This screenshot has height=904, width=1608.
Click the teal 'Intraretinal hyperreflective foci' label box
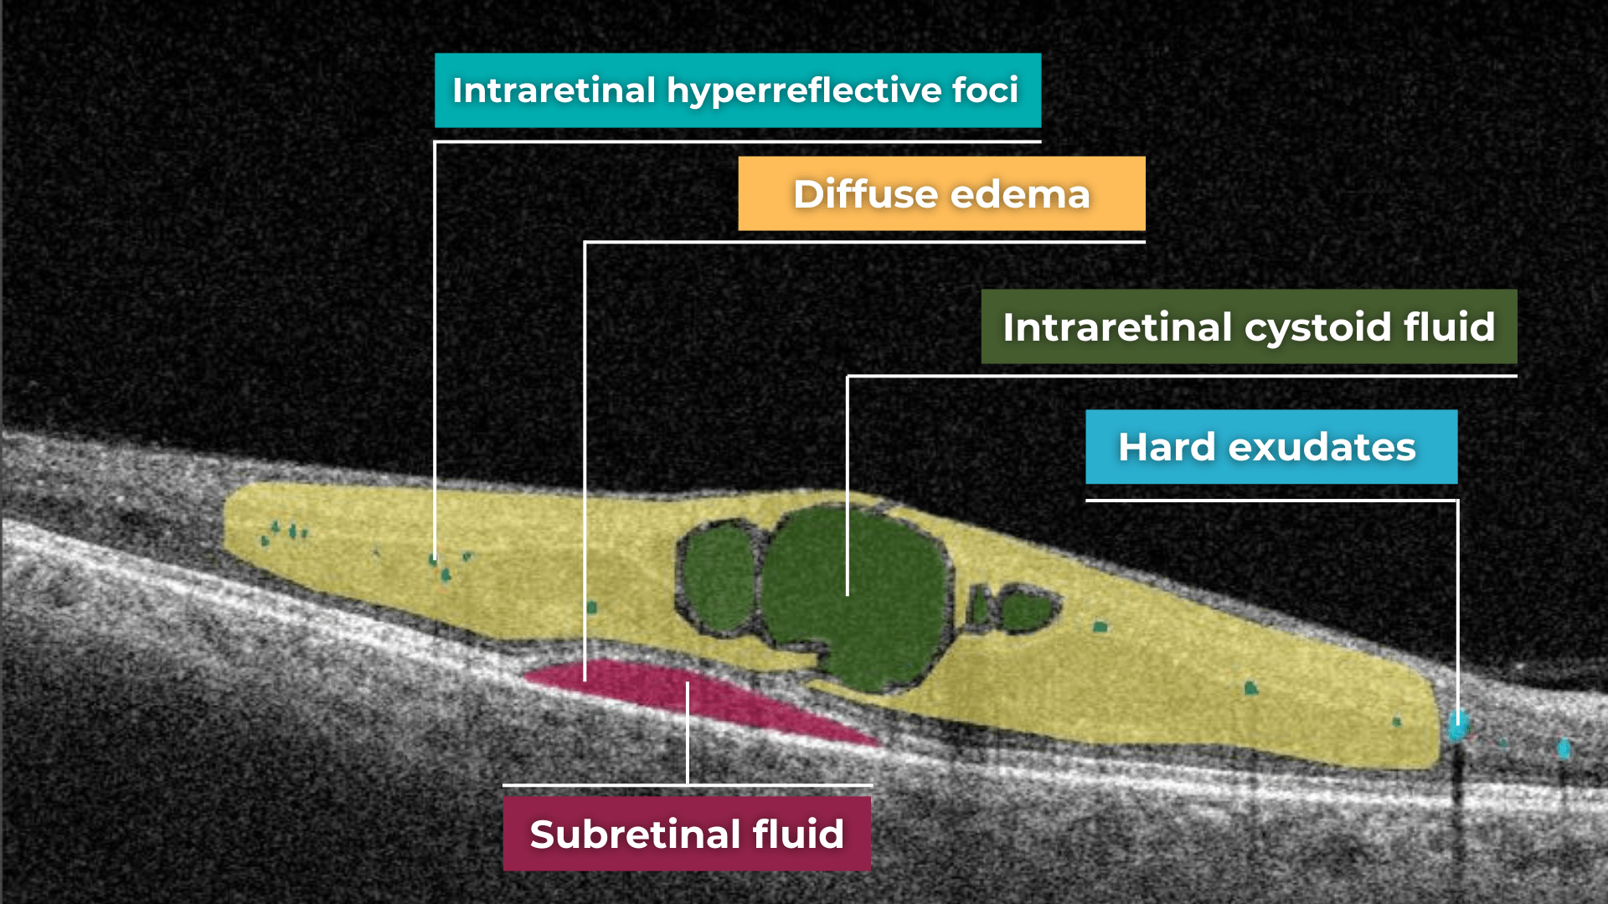pos(737,90)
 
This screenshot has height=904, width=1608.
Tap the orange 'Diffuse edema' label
pos(941,193)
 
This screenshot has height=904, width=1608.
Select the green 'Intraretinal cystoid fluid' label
pos(1248,326)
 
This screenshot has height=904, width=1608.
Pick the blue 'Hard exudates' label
pos(1270,447)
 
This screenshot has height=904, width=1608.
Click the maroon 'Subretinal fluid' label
pos(687,834)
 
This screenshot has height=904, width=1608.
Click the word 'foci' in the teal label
pos(985,90)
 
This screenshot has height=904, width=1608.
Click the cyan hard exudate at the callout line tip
pos(1458,725)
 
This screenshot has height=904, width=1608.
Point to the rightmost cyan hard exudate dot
pos(1563,747)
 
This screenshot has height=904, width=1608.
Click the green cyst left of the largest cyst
pos(717,578)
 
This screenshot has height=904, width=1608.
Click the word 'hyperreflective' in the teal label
pos(804,90)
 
